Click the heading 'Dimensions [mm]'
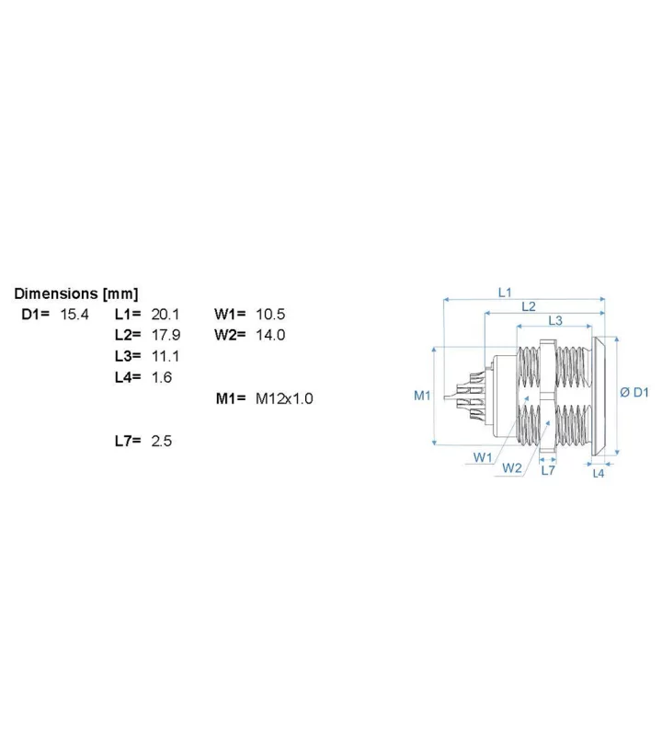(x=76, y=293)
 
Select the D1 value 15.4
(x=74, y=314)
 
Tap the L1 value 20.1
(x=165, y=314)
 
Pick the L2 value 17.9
(x=165, y=335)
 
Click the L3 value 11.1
(x=165, y=356)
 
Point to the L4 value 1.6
(x=162, y=377)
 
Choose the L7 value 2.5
(x=162, y=441)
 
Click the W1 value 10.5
(x=270, y=314)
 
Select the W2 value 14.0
(x=270, y=335)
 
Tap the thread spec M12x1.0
(x=284, y=398)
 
